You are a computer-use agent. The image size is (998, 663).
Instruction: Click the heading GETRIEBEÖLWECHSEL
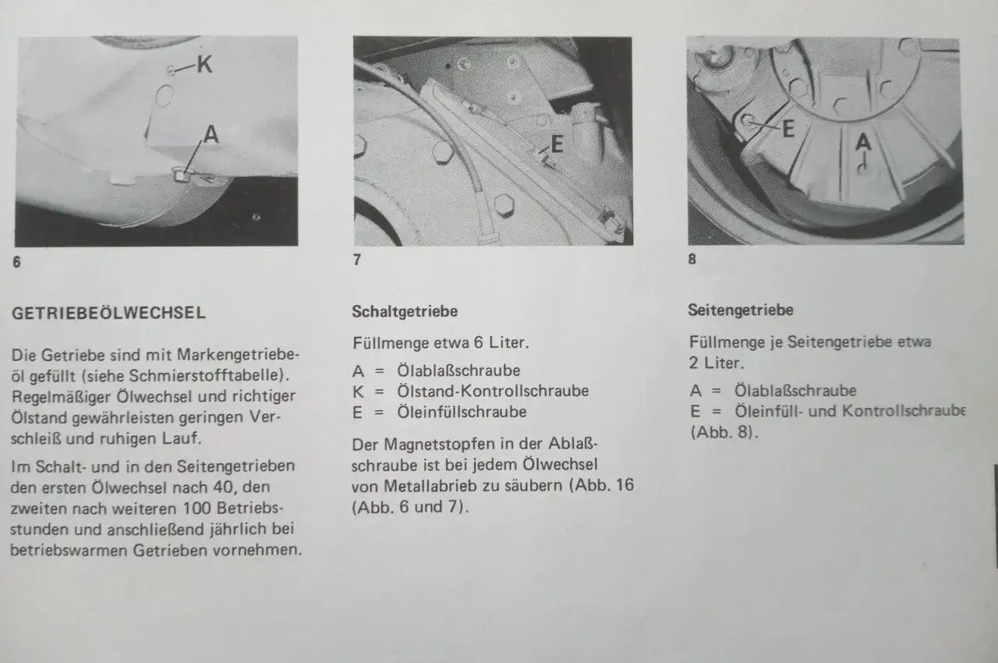[x=109, y=314]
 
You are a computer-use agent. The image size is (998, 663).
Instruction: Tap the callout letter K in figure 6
[x=204, y=65]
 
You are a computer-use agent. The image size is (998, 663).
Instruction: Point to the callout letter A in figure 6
[x=211, y=135]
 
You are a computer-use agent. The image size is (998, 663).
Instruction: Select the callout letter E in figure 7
[x=557, y=144]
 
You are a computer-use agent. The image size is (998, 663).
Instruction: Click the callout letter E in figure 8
[x=787, y=129]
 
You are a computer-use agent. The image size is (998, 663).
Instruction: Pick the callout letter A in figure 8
[x=862, y=142]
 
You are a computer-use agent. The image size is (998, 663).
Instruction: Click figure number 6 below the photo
[x=17, y=262]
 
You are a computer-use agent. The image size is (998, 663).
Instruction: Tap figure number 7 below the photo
[x=357, y=261]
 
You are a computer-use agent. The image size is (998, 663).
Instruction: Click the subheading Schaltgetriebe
[x=405, y=311]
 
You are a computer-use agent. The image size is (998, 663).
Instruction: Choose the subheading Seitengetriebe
[x=741, y=310]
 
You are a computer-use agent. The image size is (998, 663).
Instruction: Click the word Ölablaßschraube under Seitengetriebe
[x=795, y=391]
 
